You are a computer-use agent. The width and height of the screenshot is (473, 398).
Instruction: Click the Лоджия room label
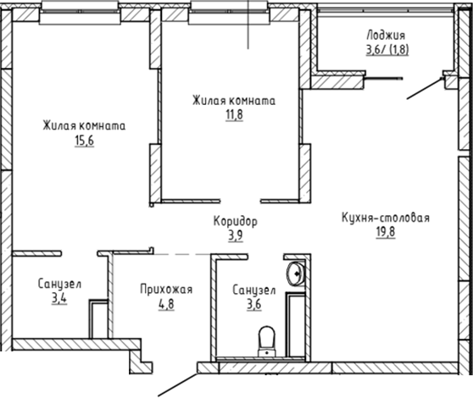(386, 35)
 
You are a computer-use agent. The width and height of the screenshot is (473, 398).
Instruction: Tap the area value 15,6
(84, 141)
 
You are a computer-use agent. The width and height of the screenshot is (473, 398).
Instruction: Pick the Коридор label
(235, 222)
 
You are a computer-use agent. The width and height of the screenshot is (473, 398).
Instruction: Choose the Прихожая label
(167, 290)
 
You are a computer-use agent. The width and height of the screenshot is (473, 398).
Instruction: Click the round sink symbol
(295, 272)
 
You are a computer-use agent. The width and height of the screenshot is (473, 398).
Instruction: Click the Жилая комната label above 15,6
(84, 126)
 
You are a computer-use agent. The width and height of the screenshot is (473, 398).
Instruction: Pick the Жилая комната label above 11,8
(234, 100)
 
